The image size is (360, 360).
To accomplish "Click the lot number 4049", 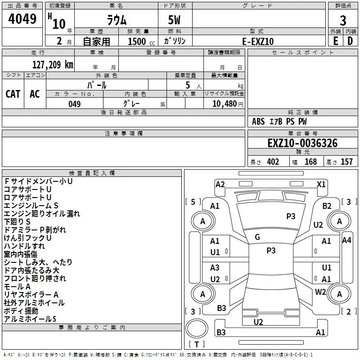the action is pos(22,19).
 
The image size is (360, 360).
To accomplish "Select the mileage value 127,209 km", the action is pos(53,65).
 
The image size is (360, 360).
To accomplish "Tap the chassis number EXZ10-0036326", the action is pos(302,143).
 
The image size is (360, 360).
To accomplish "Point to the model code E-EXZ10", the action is pos(258,41).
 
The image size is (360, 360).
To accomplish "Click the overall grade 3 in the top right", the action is pos(343,21).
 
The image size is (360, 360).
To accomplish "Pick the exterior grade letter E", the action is pos(336,41).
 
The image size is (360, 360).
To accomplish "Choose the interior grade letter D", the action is pos(350,41).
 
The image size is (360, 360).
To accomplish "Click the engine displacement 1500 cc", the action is pos(141,41).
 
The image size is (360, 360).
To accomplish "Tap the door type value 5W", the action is pos(175,20).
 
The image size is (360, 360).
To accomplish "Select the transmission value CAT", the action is pos(13,94).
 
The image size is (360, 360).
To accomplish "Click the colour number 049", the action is pos(75,104).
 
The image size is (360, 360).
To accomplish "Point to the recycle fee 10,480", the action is pos(225,104).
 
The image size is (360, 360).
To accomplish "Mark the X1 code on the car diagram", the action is pos(321,184).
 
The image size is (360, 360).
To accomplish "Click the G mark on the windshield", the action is pos(257,237).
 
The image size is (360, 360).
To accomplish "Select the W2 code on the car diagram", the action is pos(320,292).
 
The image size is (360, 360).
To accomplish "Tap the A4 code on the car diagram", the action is pos(346,240).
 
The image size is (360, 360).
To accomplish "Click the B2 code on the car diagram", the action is pos(327,206).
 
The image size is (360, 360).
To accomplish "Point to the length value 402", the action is pos(273,162).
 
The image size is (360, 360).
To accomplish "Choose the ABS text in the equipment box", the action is pos(258,121).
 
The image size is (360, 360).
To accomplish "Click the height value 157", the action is pos(346,162).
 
